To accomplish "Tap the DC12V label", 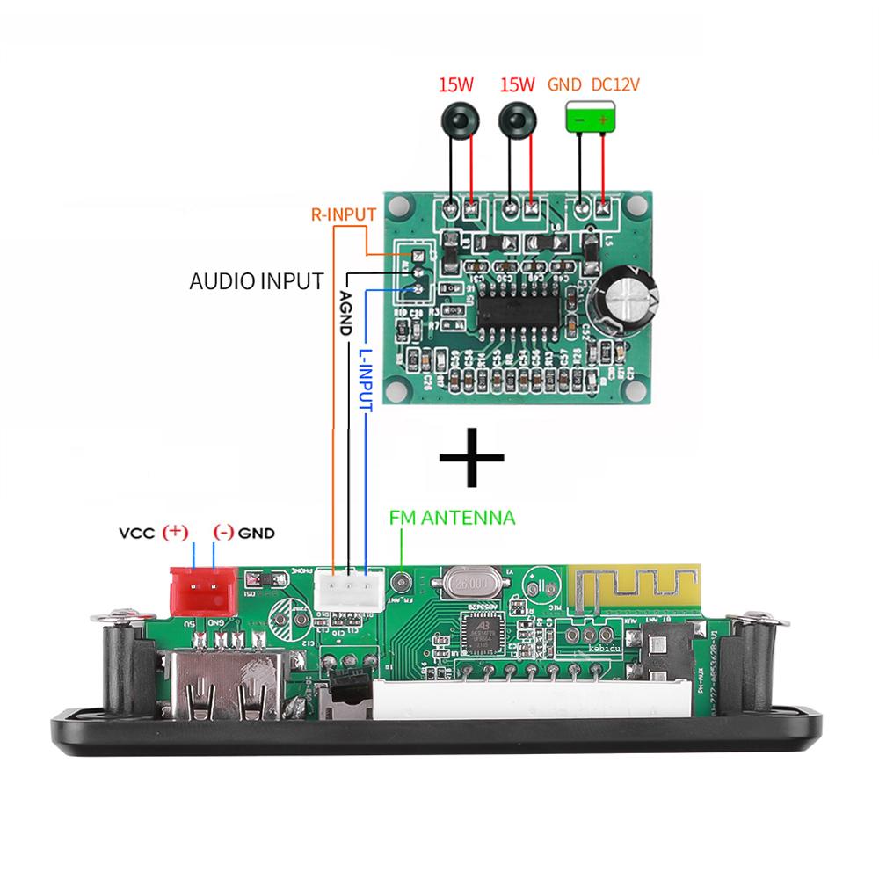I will tap(615, 85).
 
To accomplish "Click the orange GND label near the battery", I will tap(565, 85).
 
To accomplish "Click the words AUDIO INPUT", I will tap(257, 282).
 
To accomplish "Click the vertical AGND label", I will tap(345, 312).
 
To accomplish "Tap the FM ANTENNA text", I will tap(452, 518).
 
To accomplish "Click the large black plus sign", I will tap(472, 458).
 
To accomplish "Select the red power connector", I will tap(203, 590).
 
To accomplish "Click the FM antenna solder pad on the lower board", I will tap(403, 582).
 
